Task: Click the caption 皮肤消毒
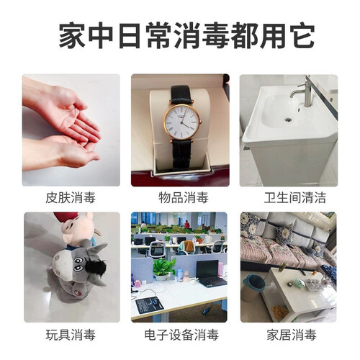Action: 71,197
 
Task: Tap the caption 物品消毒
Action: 184,197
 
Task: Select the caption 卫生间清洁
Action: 295,197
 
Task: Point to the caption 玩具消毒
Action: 71,335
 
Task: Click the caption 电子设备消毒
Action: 181,335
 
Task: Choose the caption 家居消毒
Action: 292,335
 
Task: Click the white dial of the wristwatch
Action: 181,122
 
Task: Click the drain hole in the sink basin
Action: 288,119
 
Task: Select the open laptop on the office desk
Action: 210,274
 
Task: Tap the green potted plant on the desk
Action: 164,269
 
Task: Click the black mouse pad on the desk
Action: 149,305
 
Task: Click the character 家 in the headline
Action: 72,35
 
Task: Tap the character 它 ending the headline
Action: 302,35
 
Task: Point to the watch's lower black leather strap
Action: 182,153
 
